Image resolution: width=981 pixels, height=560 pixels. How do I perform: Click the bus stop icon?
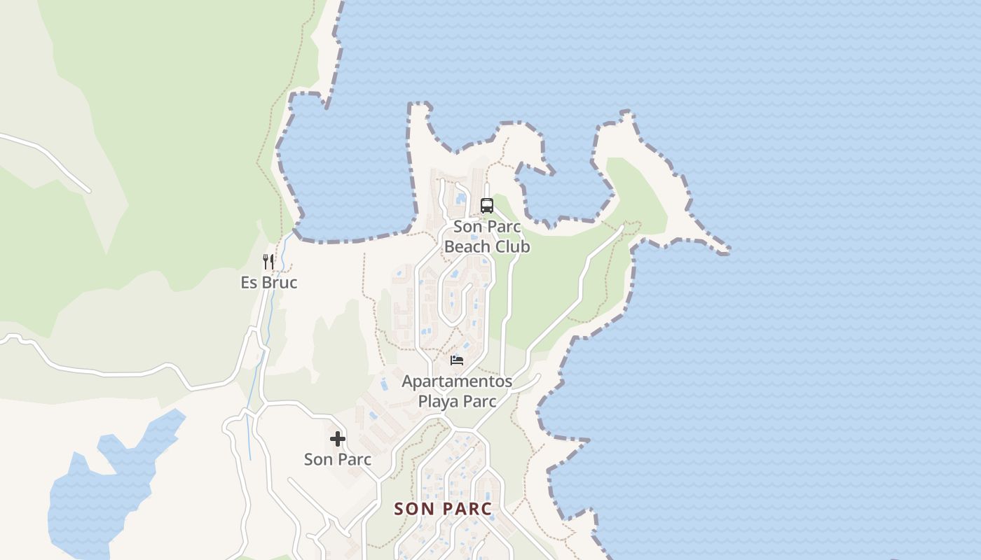tap(486, 206)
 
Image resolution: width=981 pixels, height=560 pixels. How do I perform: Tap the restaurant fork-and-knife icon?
tap(268, 262)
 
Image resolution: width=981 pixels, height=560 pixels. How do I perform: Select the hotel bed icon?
tap(457, 360)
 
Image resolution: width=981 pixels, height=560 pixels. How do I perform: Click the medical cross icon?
tap(338, 439)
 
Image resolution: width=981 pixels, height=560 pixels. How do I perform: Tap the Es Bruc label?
tap(269, 283)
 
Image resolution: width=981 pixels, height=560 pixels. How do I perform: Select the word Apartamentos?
tap(457, 382)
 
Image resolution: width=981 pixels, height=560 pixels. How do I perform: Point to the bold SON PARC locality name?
tap(443, 509)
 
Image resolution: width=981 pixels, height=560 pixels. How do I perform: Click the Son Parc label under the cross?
tap(338, 460)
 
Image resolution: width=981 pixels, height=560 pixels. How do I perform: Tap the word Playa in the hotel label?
tap(440, 402)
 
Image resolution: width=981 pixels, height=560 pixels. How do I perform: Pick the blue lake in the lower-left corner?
tap(105, 490)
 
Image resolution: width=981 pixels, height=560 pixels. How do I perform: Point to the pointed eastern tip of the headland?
tap(727, 249)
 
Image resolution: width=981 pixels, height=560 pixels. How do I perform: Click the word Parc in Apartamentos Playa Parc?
tap(479, 402)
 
